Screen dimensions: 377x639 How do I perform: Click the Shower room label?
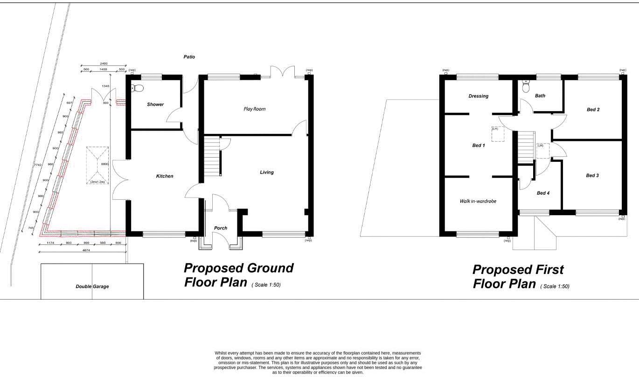[155, 105]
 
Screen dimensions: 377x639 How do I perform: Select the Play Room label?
[254, 109]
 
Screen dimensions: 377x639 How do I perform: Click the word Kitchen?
[165, 176]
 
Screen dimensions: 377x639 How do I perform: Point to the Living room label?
[267, 173]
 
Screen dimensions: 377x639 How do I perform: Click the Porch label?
[221, 228]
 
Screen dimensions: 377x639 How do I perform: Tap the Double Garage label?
[92, 286]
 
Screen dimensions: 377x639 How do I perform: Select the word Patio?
[189, 57]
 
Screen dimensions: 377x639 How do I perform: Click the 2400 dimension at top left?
[104, 63]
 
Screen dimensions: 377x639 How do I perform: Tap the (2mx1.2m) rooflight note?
[97, 182]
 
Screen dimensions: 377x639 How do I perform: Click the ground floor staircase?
[212, 156]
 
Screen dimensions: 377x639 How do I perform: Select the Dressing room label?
[478, 96]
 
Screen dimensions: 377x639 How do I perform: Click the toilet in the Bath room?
[526, 87]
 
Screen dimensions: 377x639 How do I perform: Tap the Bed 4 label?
[543, 193]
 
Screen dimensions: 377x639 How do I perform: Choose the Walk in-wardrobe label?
[478, 202]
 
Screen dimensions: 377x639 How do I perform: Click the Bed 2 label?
[593, 110]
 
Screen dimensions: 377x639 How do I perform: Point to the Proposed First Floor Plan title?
[518, 277]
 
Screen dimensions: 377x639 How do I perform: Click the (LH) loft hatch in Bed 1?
[497, 134]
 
